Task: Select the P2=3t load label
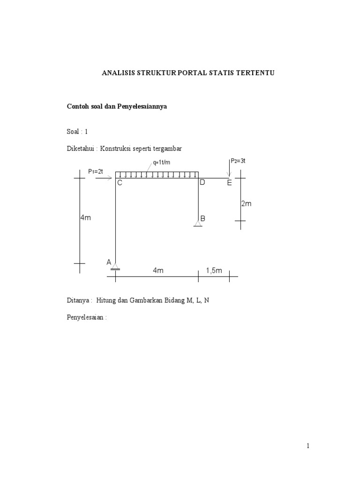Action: click(238, 161)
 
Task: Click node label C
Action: click(120, 183)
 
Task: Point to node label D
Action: click(202, 182)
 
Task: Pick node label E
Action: click(229, 183)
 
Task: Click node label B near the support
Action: click(203, 218)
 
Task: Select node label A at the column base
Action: click(109, 262)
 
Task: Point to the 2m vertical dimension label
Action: click(247, 203)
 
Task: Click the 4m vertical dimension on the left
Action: click(86, 218)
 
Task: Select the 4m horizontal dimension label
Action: click(158, 270)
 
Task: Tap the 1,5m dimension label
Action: click(214, 270)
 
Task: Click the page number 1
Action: click(308, 446)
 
